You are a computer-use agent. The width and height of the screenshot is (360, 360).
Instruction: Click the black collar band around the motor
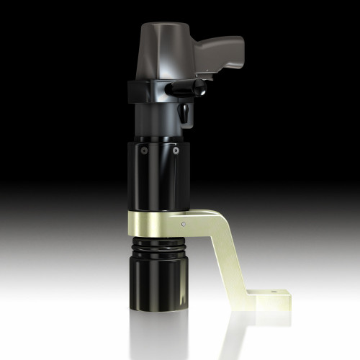pyautogui.click(x=144, y=92)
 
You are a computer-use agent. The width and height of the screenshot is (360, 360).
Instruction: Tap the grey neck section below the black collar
pyautogui.click(x=155, y=119)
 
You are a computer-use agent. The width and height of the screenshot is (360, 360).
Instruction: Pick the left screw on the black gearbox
pyautogui.click(x=144, y=152)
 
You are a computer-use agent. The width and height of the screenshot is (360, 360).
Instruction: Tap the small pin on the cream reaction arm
pyautogui.click(x=183, y=224)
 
